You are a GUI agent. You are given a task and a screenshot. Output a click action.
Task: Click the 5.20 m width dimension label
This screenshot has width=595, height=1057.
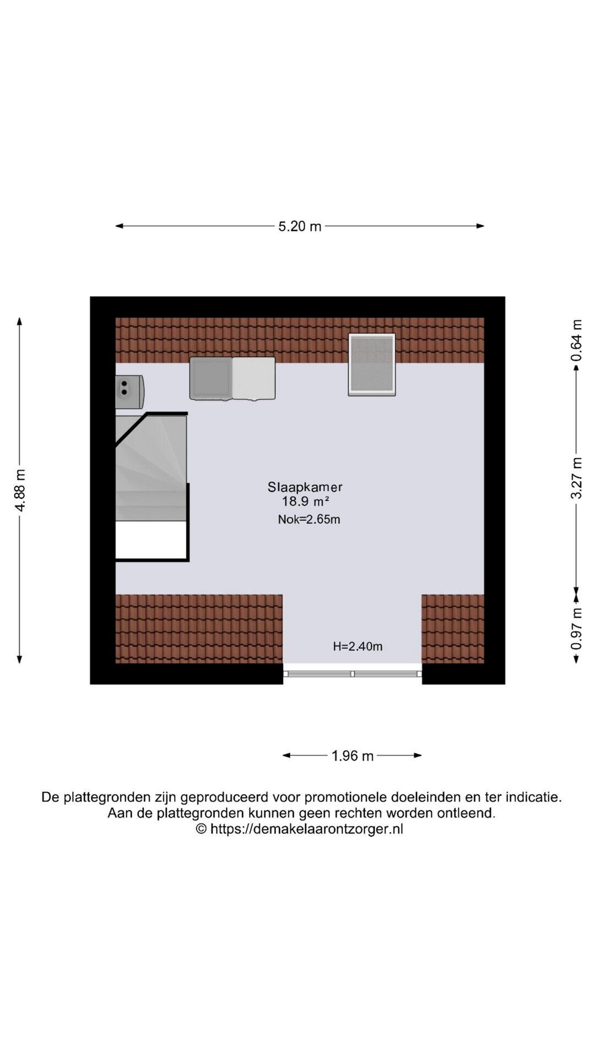300,226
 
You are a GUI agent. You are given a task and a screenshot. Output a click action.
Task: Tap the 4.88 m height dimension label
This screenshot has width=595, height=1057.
20,491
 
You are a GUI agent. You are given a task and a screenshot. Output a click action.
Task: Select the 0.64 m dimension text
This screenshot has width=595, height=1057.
576,340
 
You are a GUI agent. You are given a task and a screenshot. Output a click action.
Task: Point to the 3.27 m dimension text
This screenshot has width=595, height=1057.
576,478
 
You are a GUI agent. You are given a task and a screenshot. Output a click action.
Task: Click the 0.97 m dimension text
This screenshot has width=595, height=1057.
576,628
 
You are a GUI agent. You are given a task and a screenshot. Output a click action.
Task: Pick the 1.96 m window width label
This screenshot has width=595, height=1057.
353,756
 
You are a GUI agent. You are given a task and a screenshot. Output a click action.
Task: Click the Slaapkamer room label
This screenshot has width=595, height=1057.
305,487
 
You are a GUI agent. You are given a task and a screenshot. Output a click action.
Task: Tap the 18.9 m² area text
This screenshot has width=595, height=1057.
306,502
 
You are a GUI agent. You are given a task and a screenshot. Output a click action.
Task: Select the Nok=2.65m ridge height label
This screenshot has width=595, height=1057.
309,519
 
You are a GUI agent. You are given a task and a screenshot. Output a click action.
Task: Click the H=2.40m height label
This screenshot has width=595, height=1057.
358,646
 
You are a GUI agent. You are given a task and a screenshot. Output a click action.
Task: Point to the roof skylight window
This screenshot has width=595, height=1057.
372,364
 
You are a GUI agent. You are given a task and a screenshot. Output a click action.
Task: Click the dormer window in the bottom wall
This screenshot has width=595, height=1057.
353,673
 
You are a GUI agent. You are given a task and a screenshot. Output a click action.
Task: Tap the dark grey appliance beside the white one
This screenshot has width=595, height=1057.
211,378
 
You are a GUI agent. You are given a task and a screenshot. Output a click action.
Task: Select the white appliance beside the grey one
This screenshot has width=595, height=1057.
254,378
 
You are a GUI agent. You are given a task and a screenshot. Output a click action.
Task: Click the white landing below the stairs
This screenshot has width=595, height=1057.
150,540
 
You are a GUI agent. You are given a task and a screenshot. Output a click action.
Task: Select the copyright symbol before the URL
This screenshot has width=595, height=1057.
201,829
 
